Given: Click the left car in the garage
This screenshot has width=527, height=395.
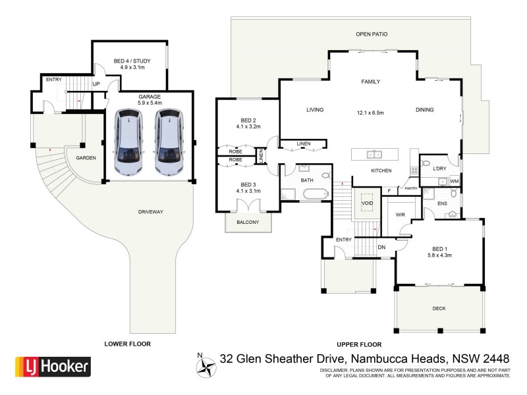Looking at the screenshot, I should pyautogui.click(x=128, y=142).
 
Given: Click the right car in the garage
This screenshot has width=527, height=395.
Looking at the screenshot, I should pyautogui.click(x=169, y=142).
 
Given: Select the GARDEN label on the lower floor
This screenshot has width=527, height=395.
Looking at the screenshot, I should pyautogui.click(x=86, y=159).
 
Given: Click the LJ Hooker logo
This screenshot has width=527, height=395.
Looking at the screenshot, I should pyautogui.click(x=53, y=367).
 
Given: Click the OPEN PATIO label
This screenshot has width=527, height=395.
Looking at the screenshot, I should pyautogui.click(x=372, y=34).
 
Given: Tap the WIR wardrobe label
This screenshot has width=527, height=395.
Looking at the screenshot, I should pyautogui.click(x=399, y=215).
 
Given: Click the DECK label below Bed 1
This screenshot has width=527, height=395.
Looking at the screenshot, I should pyautogui.click(x=439, y=308).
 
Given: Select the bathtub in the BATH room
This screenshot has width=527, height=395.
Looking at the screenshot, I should pyautogui.click(x=316, y=194).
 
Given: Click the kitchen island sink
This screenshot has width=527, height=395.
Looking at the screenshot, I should pyautogui.click(x=374, y=155).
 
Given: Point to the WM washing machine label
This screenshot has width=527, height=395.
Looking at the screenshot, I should pyautogui.click(x=454, y=181).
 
